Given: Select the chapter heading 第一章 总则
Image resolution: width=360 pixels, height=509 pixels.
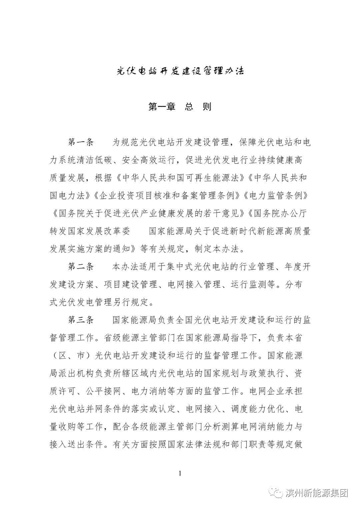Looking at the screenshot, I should pyautogui.click(x=180, y=107).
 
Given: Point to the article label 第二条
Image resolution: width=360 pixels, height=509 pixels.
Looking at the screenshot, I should pyautogui.click(x=81, y=267).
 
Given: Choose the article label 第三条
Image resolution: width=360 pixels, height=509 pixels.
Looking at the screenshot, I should pyautogui.click(x=81, y=320).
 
